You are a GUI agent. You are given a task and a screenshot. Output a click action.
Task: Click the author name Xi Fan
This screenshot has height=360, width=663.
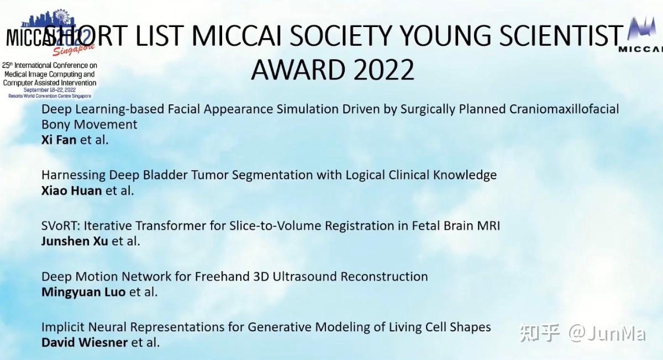(x=59, y=140)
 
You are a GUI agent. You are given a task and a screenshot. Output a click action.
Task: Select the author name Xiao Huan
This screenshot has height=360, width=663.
(x=71, y=190)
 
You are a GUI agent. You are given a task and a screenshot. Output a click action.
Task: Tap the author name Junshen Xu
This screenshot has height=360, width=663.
(x=75, y=241)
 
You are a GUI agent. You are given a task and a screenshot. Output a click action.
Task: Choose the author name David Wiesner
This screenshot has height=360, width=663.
(x=85, y=342)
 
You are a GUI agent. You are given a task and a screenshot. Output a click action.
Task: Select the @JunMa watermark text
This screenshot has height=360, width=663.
(x=607, y=333)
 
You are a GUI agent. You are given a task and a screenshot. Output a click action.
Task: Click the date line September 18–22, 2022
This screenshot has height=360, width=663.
(x=49, y=89)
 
